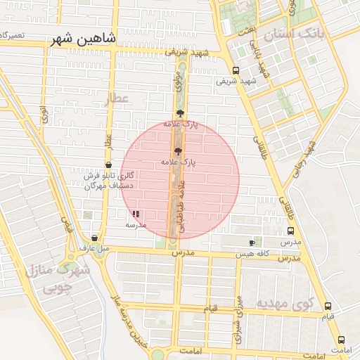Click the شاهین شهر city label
point(83,39)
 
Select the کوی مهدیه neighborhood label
point(283,304)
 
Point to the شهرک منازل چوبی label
point(57,278)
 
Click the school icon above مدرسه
point(136,214)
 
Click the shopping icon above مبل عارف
point(95,238)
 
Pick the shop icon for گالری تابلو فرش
point(107,165)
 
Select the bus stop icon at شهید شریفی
point(236,70)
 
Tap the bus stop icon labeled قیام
point(328,306)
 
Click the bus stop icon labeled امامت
point(341,339)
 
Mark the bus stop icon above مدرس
point(290,231)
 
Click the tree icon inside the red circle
point(177,150)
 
